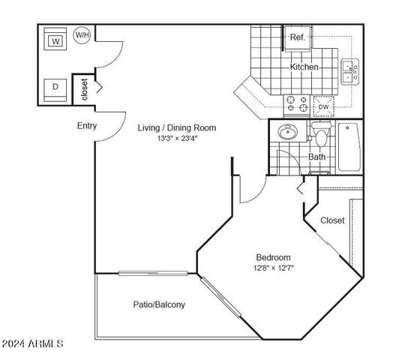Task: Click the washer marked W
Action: (x=55, y=40)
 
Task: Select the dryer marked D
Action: (x=55, y=87)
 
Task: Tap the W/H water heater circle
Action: (x=81, y=34)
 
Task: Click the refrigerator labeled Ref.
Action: (x=296, y=37)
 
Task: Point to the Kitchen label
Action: (x=304, y=67)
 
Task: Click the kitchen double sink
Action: (x=349, y=71)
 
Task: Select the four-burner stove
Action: (x=296, y=104)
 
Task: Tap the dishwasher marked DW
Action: (x=323, y=106)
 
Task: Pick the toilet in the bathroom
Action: (x=321, y=136)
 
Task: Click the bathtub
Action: (x=350, y=146)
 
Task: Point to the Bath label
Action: (x=316, y=157)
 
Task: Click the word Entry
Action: (x=86, y=126)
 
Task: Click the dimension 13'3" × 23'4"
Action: (x=178, y=138)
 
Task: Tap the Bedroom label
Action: (x=272, y=257)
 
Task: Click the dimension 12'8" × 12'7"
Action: (x=273, y=268)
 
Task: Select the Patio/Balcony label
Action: (x=159, y=304)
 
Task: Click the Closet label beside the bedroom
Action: (x=332, y=220)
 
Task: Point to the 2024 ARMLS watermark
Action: (x=33, y=343)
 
